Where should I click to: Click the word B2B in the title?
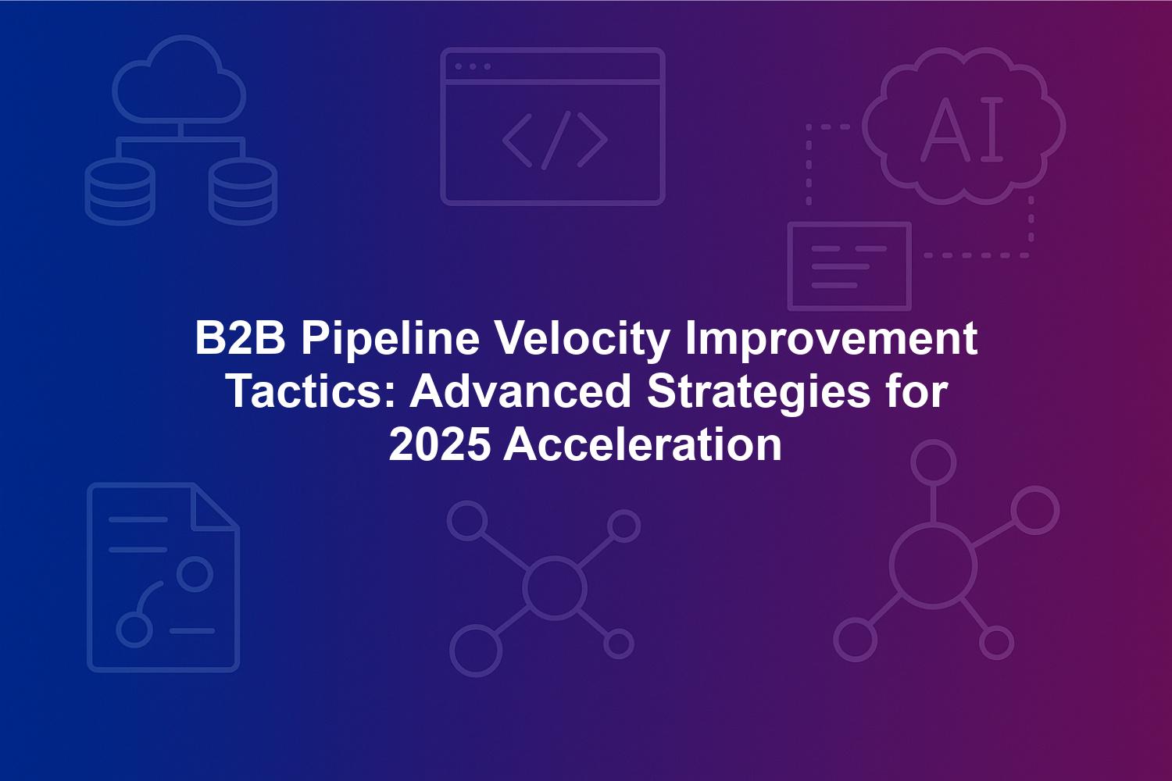[x=240, y=338]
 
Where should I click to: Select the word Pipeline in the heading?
[x=391, y=341]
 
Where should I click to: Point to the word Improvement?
[x=831, y=341]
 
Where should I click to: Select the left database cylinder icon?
[x=120, y=191]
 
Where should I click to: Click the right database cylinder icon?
[x=243, y=191]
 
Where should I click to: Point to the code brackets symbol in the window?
[x=555, y=140]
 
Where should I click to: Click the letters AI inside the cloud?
[x=962, y=129]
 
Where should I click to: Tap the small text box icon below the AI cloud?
[x=850, y=266]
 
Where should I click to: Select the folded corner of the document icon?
[x=216, y=508]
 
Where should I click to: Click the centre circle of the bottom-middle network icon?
[x=554, y=588]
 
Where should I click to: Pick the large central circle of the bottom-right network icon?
[x=933, y=568]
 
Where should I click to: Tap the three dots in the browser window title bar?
[x=473, y=67]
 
